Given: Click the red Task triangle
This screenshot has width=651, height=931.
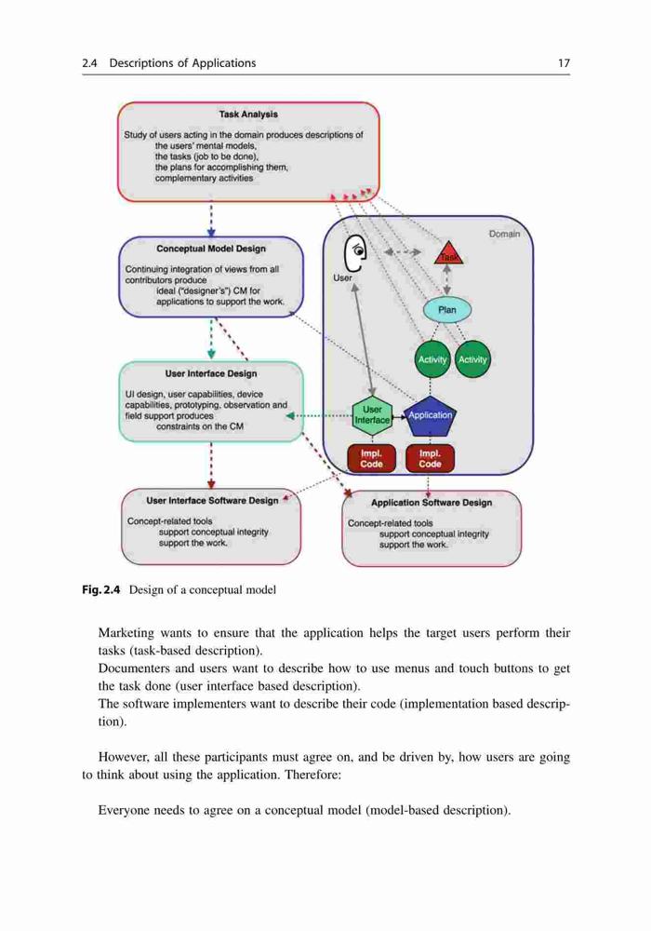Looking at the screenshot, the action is pos(448,254).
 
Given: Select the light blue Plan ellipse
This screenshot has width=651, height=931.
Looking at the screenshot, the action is pos(447,310).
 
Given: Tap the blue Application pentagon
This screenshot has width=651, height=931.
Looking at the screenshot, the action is pos(430,416).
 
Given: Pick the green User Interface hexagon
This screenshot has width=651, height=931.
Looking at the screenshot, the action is pos(372,415).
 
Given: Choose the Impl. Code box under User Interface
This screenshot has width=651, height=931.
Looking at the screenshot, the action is pos(371,459).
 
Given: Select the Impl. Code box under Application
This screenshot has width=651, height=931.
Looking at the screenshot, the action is pos(430,459).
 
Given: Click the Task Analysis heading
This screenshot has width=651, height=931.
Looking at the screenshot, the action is pos(248,114).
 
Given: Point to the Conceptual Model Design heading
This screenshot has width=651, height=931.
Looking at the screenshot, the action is pos(211,249).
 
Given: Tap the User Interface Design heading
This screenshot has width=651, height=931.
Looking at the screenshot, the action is pos(211,373).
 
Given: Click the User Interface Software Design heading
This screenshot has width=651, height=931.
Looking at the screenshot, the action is pos(212,501).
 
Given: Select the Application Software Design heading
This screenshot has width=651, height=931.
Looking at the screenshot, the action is pos(432,503).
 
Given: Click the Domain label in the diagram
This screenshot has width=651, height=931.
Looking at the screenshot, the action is pos(505,234).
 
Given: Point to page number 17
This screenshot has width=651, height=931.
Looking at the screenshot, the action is pos(564,63).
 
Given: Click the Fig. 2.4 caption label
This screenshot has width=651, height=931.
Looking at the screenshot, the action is pos(100,589).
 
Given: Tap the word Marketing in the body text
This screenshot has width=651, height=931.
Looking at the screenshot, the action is pos(126,633).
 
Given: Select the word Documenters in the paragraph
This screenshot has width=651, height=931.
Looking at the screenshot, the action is pos(133,668).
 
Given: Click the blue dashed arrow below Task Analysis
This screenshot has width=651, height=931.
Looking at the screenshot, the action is pos(211,220).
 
